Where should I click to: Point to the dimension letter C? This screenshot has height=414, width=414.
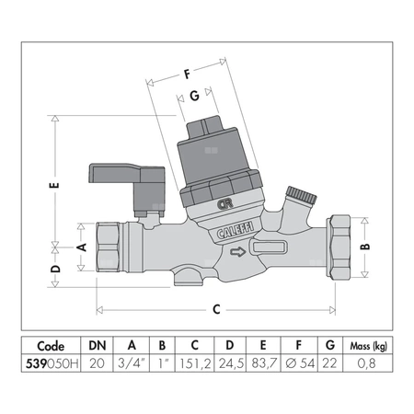[215, 309]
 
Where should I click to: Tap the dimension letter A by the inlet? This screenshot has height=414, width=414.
[82, 247]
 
